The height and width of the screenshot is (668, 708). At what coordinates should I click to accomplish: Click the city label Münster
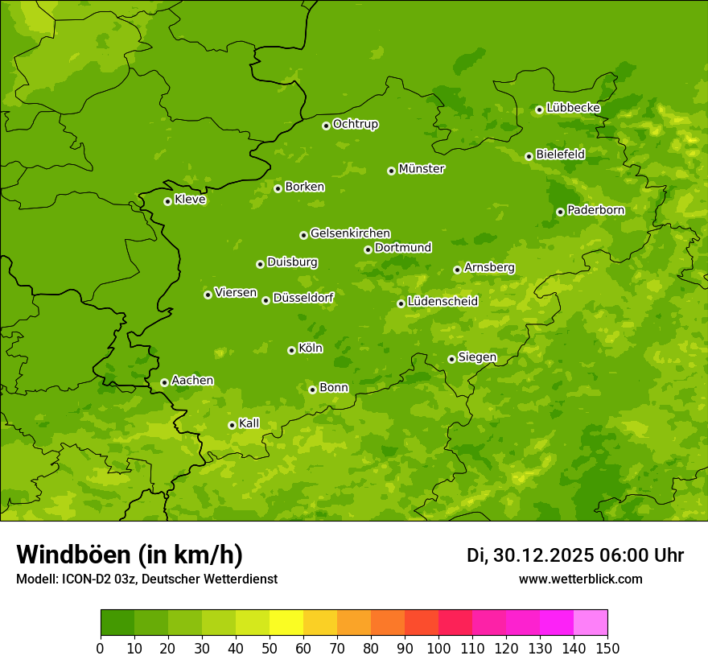(422, 169)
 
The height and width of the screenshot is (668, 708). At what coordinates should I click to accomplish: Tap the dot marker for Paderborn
(561, 212)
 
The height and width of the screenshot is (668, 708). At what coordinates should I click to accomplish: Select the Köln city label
(311, 348)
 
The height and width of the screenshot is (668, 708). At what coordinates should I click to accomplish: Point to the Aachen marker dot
(165, 382)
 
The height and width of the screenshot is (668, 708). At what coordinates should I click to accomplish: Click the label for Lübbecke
(573, 108)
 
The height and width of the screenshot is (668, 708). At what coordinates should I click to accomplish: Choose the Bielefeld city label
(560, 154)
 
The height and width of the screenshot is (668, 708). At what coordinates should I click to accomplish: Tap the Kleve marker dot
(168, 201)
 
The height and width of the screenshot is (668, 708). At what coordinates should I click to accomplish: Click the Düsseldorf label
(303, 298)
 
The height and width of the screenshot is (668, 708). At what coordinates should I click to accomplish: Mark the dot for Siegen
(452, 359)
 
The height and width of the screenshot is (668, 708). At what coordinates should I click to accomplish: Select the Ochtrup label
(356, 124)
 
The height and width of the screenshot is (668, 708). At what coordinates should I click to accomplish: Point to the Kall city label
(249, 423)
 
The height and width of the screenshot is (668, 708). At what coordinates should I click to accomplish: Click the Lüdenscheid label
(442, 302)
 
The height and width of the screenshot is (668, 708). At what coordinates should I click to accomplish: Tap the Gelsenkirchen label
(350, 233)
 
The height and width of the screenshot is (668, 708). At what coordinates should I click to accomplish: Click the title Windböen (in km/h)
(130, 555)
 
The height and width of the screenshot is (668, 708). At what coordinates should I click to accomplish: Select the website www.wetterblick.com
(580, 579)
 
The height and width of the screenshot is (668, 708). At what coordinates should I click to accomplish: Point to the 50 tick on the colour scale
(270, 647)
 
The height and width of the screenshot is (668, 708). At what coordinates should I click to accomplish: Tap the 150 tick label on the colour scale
(607, 647)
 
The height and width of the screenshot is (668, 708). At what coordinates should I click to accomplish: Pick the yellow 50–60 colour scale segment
(286, 622)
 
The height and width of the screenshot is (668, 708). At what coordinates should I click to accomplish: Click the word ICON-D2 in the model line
(84, 579)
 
